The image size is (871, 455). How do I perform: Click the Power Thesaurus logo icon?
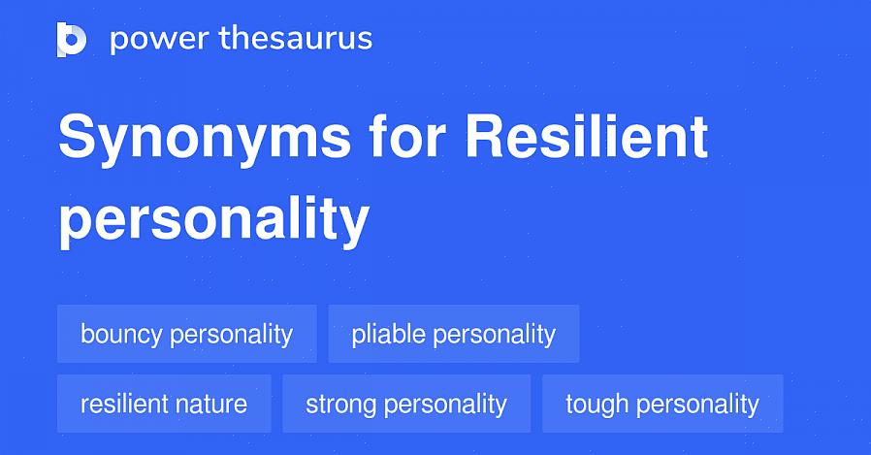tap(72, 40)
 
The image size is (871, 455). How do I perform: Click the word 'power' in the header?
tap(159, 40)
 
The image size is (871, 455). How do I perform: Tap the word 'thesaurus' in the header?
tap(296, 38)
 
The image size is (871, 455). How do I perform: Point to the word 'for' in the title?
tap(407, 135)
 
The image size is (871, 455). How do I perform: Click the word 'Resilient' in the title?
tap(587, 135)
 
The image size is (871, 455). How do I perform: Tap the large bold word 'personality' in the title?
tap(213, 220)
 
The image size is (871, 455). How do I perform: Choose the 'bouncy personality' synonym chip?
tap(187, 334)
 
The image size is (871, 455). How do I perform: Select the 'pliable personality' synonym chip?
tap(454, 334)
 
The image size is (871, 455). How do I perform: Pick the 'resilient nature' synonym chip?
tap(165, 404)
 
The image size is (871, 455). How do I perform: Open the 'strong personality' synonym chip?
tap(406, 404)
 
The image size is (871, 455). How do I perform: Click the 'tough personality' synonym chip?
tap(662, 404)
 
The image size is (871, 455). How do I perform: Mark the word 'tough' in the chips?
tap(597, 405)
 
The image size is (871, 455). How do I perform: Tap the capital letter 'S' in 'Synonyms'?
tap(78, 135)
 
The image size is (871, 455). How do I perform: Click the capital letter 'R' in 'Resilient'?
tap(487, 135)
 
